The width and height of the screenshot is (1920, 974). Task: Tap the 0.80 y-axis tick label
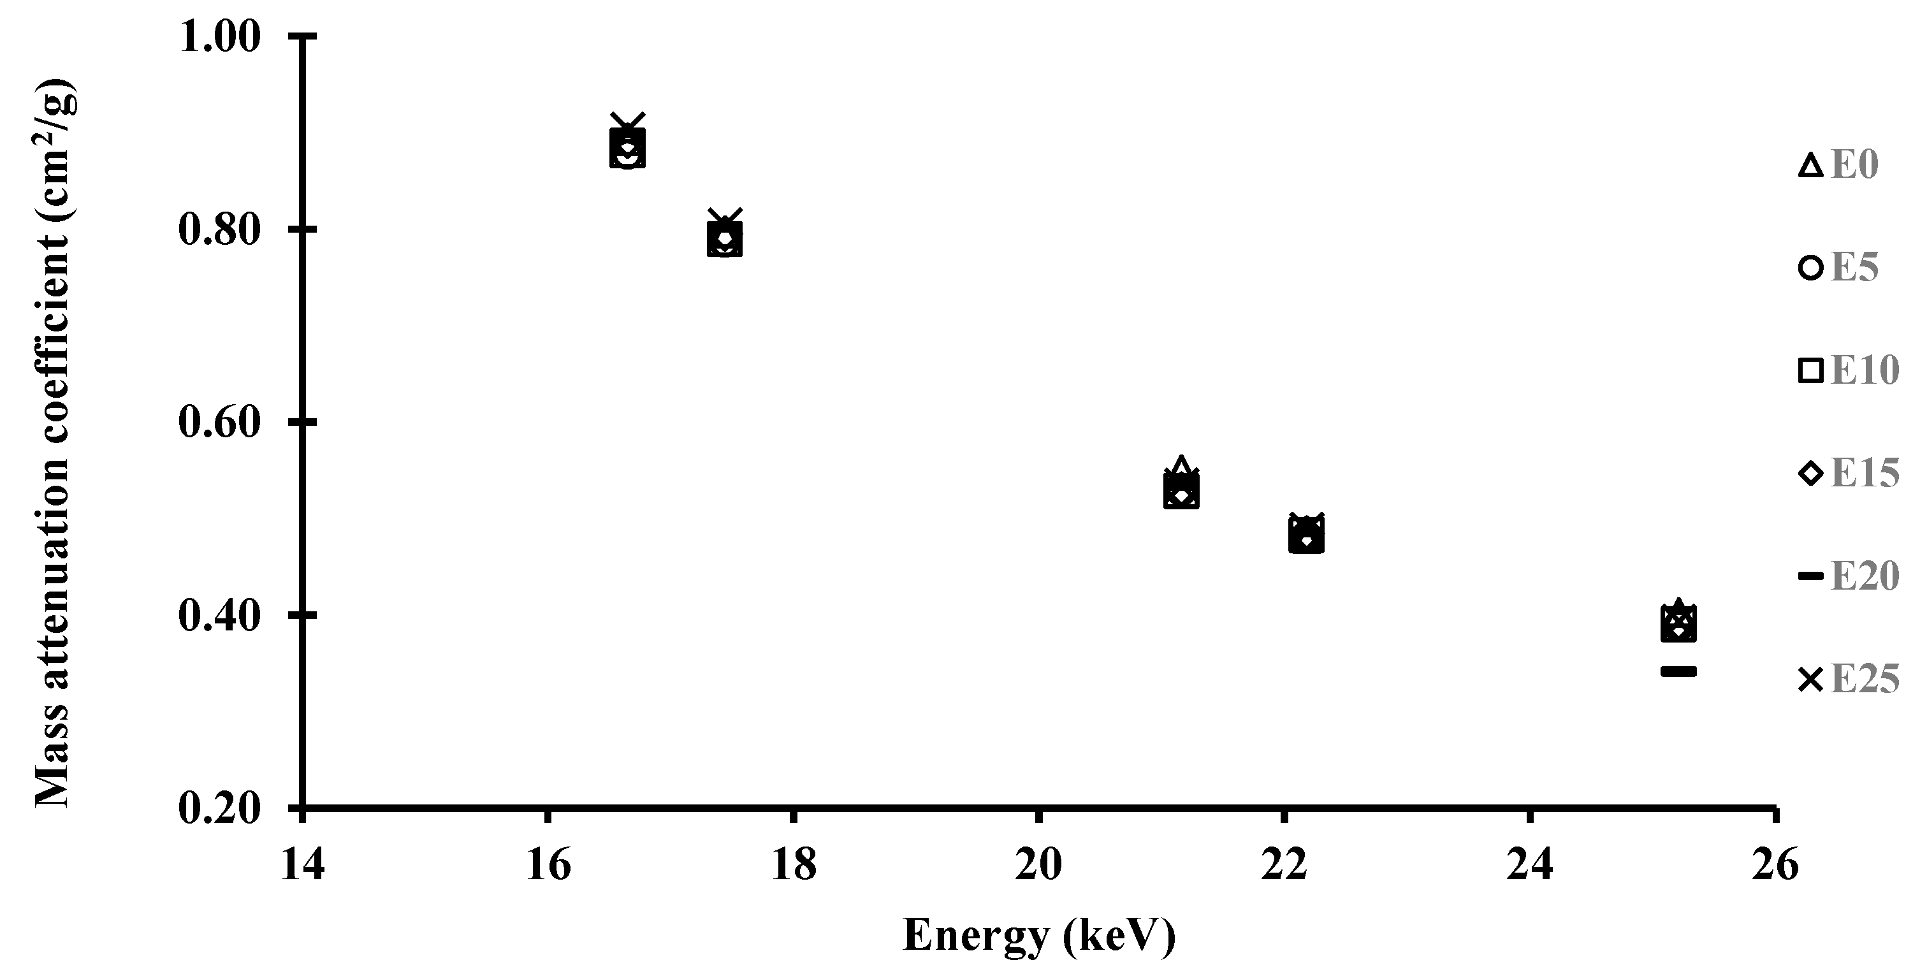pyautogui.click(x=220, y=229)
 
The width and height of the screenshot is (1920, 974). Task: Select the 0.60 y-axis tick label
pyautogui.click(x=220, y=422)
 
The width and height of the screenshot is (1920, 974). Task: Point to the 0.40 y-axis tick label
pyautogui.click(x=220, y=614)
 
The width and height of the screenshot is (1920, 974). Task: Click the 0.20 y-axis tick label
pyautogui.click(x=220, y=808)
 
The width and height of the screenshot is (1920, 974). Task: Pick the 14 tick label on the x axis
pyautogui.click(x=303, y=866)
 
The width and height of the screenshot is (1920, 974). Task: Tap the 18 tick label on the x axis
pyautogui.click(x=794, y=866)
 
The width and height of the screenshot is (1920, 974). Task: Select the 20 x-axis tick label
pyautogui.click(x=1038, y=866)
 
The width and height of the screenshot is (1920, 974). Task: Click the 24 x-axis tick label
pyautogui.click(x=1529, y=866)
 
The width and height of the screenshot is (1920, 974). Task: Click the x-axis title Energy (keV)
pyautogui.click(x=1039, y=936)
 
